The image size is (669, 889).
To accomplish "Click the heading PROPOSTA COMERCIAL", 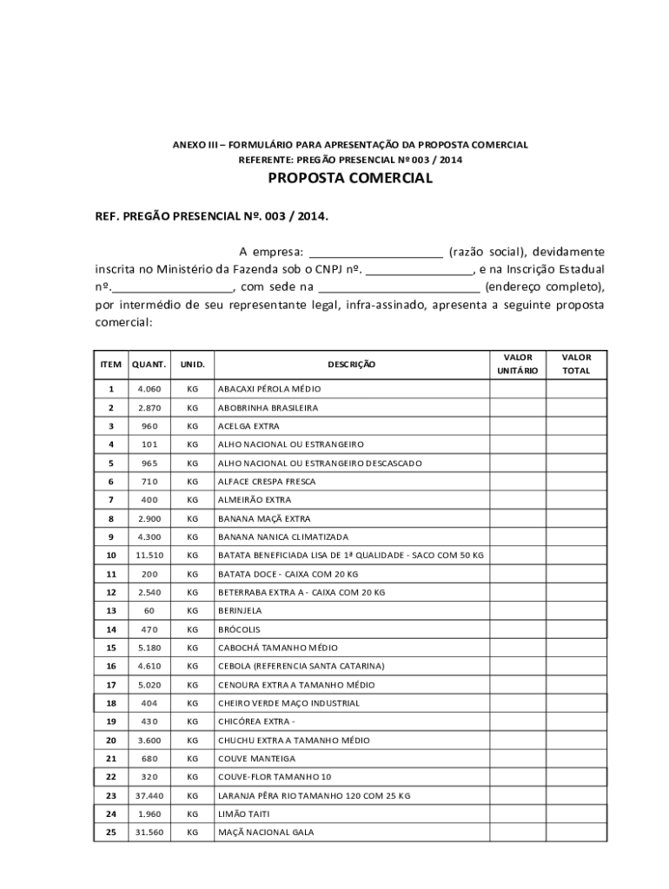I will click(x=349, y=179).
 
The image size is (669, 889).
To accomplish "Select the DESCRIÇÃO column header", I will click(x=351, y=365).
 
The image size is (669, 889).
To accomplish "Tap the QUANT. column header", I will click(x=149, y=365).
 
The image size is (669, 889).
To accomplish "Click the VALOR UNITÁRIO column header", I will click(x=518, y=364).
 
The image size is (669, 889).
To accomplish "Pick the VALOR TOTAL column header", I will click(x=576, y=364).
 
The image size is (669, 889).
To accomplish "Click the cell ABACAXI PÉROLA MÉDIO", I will click(x=269, y=389).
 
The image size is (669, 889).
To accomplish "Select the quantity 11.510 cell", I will click(x=149, y=555).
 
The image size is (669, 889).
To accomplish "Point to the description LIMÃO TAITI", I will click(x=244, y=813).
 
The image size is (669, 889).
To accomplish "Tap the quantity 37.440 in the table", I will click(x=149, y=795).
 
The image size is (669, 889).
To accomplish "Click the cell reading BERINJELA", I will click(x=240, y=610).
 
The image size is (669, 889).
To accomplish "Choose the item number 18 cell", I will click(x=110, y=703).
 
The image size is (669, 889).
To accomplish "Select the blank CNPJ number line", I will click(x=419, y=270).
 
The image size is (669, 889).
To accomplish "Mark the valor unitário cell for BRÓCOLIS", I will click(x=518, y=629).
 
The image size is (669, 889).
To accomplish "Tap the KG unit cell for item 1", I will click(x=192, y=389).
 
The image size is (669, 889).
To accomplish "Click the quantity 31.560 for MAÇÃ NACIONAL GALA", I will click(x=149, y=833).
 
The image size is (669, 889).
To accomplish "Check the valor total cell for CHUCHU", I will click(x=576, y=740).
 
